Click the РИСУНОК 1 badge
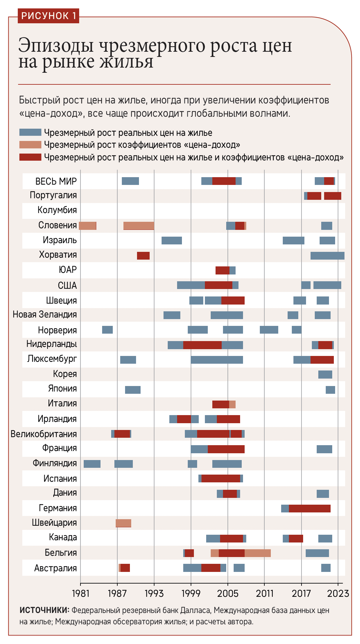pyautogui.click(x=48, y=16)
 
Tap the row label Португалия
pyautogui.click(x=53, y=195)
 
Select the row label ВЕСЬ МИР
pyautogui.click(x=56, y=181)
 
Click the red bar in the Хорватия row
pyautogui.click(x=143, y=255)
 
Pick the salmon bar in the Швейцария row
pyautogui.click(x=123, y=523)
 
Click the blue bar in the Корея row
pyautogui.click(x=325, y=374)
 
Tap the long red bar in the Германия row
pyautogui.click(x=310, y=508)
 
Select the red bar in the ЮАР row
pyautogui.click(x=222, y=270)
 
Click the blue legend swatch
pyautogui.click(x=30, y=132)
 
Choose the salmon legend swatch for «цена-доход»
pyautogui.click(x=30, y=145)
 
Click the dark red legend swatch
pyautogui.click(x=30, y=157)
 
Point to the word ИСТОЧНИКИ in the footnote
pyautogui.click(x=44, y=610)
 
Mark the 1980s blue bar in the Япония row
pyautogui.click(x=133, y=390)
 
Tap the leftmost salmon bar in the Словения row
pyautogui.click(x=88, y=226)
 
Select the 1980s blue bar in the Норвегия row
pyautogui.click(x=107, y=330)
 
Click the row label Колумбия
pyautogui.click(x=57, y=210)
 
